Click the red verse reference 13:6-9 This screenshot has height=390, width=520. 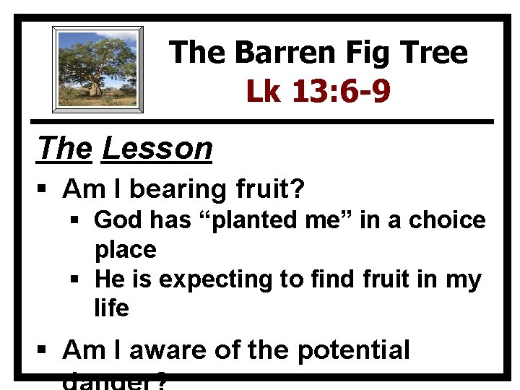pos(342,91)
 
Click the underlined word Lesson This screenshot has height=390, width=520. pos(157,149)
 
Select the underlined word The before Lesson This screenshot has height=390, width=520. pos(65,149)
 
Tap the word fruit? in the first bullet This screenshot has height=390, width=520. pos(269,190)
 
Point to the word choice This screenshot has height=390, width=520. pos(448,220)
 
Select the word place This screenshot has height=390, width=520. pos(126,250)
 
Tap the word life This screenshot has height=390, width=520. pos(111,309)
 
